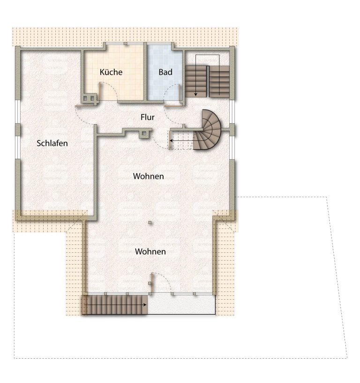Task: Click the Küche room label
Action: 111,72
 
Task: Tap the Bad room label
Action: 165,72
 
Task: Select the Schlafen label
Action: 52,143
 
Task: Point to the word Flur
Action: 148,117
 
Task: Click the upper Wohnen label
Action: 149,176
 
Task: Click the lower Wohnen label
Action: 150,251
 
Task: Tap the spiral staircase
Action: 207,129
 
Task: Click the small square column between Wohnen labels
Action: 150,222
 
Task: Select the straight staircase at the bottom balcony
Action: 115,305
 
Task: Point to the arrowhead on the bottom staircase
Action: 145,305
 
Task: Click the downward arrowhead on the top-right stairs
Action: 195,94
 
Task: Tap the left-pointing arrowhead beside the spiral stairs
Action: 171,141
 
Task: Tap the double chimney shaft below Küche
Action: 89,98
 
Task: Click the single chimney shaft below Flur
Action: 144,133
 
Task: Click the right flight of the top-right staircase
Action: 219,81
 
